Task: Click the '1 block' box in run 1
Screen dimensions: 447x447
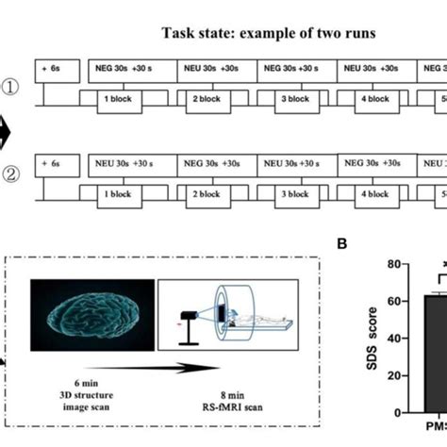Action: click(111, 99)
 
